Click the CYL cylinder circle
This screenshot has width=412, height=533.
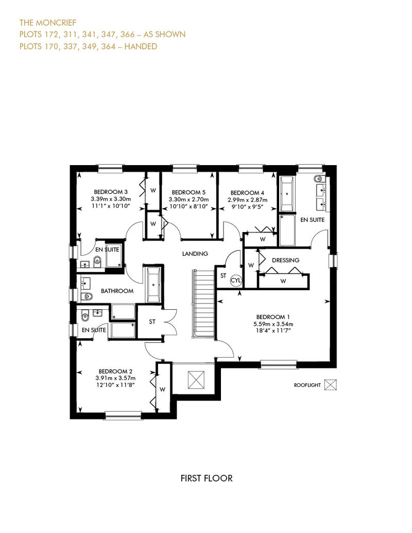point(235,280)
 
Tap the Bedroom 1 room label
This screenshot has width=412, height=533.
point(273,317)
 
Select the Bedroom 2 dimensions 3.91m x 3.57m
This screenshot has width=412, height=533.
point(115,378)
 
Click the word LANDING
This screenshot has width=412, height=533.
point(195,254)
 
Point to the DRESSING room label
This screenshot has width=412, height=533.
point(285,260)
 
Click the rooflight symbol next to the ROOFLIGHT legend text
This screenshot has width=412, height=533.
point(330,385)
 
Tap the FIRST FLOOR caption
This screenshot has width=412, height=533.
point(207,478)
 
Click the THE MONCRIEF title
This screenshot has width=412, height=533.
point(47,23)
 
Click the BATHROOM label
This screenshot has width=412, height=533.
point(117,291)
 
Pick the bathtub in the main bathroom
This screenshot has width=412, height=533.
point(153,285)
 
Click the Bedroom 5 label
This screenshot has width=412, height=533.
point(188,192)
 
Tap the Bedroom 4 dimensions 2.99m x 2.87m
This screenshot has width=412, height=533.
point(247,200)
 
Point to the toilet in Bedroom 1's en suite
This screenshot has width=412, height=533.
point(318,179)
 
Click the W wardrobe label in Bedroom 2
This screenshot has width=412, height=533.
point(162,389)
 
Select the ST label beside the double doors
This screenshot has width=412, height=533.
point(152,322)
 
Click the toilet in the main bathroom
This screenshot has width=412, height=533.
point(87,296)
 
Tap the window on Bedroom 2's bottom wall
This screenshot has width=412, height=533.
point(123,415)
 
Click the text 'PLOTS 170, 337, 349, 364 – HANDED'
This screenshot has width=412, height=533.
point(88,46)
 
